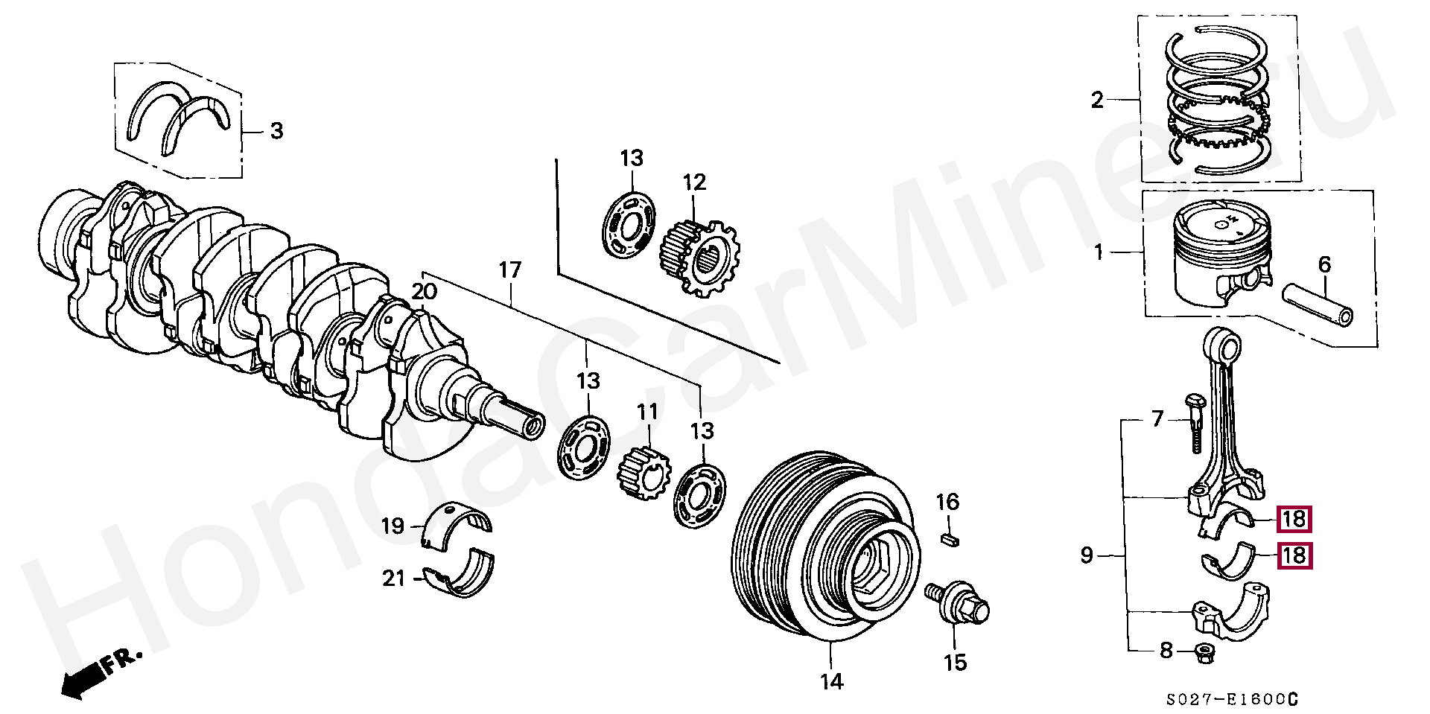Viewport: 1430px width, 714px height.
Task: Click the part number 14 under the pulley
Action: pyautogui.click(x=831, y=680)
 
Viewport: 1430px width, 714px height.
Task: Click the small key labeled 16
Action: pyautogui.click(x=948, y=538)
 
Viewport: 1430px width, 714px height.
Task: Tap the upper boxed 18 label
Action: pyautogui.click(x=1294, y=519)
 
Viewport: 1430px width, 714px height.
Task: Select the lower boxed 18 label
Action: pyautogui.click(x=1294, y=555)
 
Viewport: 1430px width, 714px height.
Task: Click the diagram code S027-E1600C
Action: pyautogui.click(x=1232, y=700)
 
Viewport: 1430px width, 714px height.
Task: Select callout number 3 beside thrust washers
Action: pyautogui.click(x=276, y=132)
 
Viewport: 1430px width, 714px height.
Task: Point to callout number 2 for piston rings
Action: pyautogui.click(x=1097, y=100)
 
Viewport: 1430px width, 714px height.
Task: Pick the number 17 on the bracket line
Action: pyautogui.click(x=510, y=270)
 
